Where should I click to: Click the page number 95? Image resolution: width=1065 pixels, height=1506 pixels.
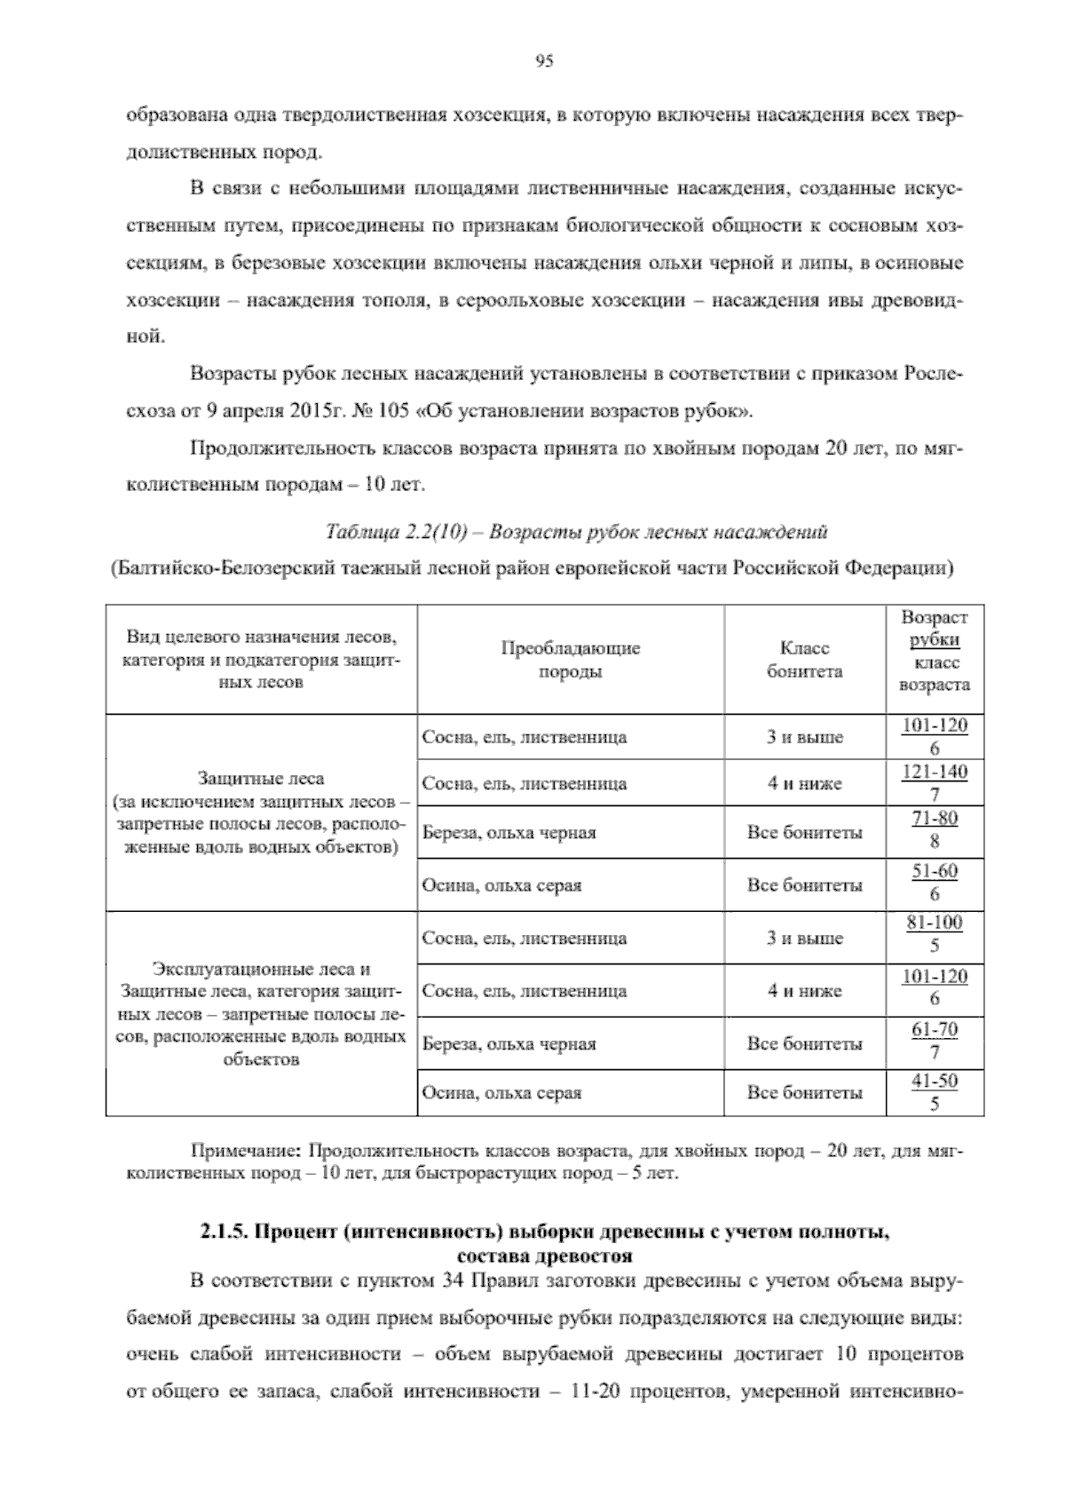click(544, 61)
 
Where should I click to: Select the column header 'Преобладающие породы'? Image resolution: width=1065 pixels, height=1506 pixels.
click(571, 660)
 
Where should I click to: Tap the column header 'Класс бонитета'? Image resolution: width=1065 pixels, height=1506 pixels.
click(804, 660)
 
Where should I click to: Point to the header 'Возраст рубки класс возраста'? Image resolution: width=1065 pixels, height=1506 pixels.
click(935, 651)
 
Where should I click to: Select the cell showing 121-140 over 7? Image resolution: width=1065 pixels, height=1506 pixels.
click(935, 783)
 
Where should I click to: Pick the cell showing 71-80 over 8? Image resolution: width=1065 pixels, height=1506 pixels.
click(935, 830)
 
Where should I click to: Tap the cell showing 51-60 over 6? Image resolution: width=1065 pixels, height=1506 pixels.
click(935, 883)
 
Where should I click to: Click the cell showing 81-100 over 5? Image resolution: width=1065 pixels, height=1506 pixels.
click(935, 934)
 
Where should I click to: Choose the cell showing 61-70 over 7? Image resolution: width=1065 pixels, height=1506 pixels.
click(935, 1042)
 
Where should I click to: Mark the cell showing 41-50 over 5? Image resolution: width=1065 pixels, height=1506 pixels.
click(935, 1092)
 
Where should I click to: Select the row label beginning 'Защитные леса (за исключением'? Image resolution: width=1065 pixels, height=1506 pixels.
click(261, 813)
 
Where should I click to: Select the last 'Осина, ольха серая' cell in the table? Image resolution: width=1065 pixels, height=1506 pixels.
click(502, 1093)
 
